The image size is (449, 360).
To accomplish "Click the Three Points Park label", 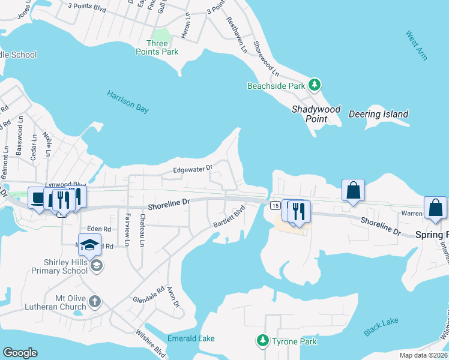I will (x=163, y=47).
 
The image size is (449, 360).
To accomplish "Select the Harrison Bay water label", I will (x=127, y=102).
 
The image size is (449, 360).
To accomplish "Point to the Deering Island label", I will (x=378, y=114).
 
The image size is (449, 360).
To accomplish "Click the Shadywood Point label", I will (x=316, y=114).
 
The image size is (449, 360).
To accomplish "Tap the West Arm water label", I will (x=416, y=46).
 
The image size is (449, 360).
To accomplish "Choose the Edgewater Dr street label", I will (x=193, y=170).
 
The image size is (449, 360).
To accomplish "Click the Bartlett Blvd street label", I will (x=229, y=218).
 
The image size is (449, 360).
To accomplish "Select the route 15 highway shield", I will (x=274, y=206).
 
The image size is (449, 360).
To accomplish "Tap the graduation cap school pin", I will (x=89, y=245).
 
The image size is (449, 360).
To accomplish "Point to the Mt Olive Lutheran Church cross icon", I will (x=95, y=301).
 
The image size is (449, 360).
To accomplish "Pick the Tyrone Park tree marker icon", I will (x=262, y=341).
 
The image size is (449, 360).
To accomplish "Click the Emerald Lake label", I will (x=191, y=339).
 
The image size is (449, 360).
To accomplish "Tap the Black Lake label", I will (x=381, y=327).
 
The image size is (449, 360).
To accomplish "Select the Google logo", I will (x=20, y=353).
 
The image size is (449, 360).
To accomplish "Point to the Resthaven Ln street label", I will (x=237, y=35).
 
